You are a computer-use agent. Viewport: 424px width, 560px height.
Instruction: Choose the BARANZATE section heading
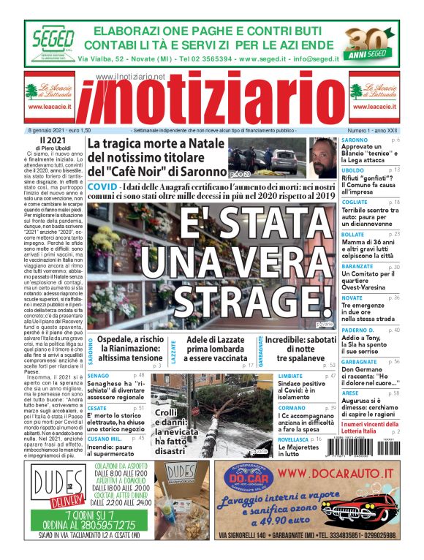pyautogui.click(x=358, y=267)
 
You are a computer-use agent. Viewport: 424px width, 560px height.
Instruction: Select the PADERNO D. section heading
pyautogui.click(x=358, y=330)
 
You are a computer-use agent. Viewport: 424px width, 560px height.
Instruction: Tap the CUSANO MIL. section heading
pyautogui.click(x=104, y=437)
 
